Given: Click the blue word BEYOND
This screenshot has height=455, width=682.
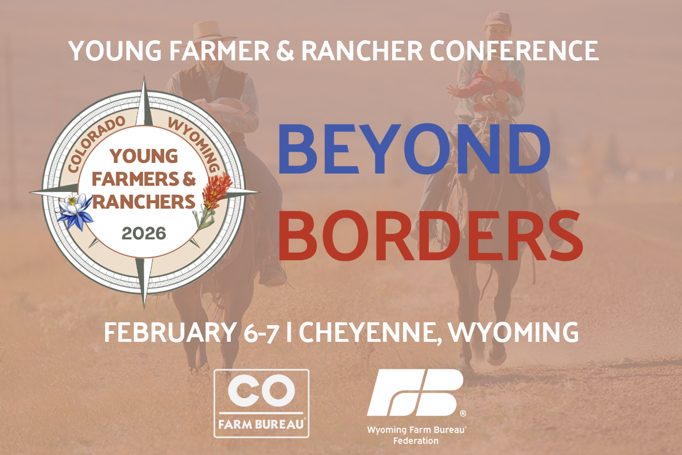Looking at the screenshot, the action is pos(414,148).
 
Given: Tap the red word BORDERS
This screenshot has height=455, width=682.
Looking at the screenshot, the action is pos(430,236).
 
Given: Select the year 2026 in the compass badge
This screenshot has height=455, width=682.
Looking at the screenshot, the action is pos(144,233).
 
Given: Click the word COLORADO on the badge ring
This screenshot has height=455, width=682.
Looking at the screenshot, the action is pos(96,142).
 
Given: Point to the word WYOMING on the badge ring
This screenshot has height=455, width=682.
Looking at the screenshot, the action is pos(195,143).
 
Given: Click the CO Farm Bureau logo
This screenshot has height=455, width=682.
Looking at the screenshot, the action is pos(261,403).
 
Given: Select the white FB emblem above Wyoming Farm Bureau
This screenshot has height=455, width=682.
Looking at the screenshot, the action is pos(416,393).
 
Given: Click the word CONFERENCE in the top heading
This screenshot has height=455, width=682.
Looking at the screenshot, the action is pos(514,51).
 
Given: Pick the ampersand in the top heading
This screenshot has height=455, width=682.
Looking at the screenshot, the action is pos(285,51).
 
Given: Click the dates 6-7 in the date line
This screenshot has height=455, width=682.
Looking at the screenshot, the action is pos(261,333).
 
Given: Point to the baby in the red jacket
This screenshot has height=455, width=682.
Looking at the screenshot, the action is pos(487,87).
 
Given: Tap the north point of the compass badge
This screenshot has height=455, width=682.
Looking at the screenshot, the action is pos(145,76).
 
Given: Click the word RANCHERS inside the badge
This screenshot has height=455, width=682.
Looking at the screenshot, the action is pos(144,202).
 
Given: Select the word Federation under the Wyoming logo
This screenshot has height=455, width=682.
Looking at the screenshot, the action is pos(416,441).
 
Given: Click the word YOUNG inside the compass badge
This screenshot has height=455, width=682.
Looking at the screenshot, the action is pos(144,156).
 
